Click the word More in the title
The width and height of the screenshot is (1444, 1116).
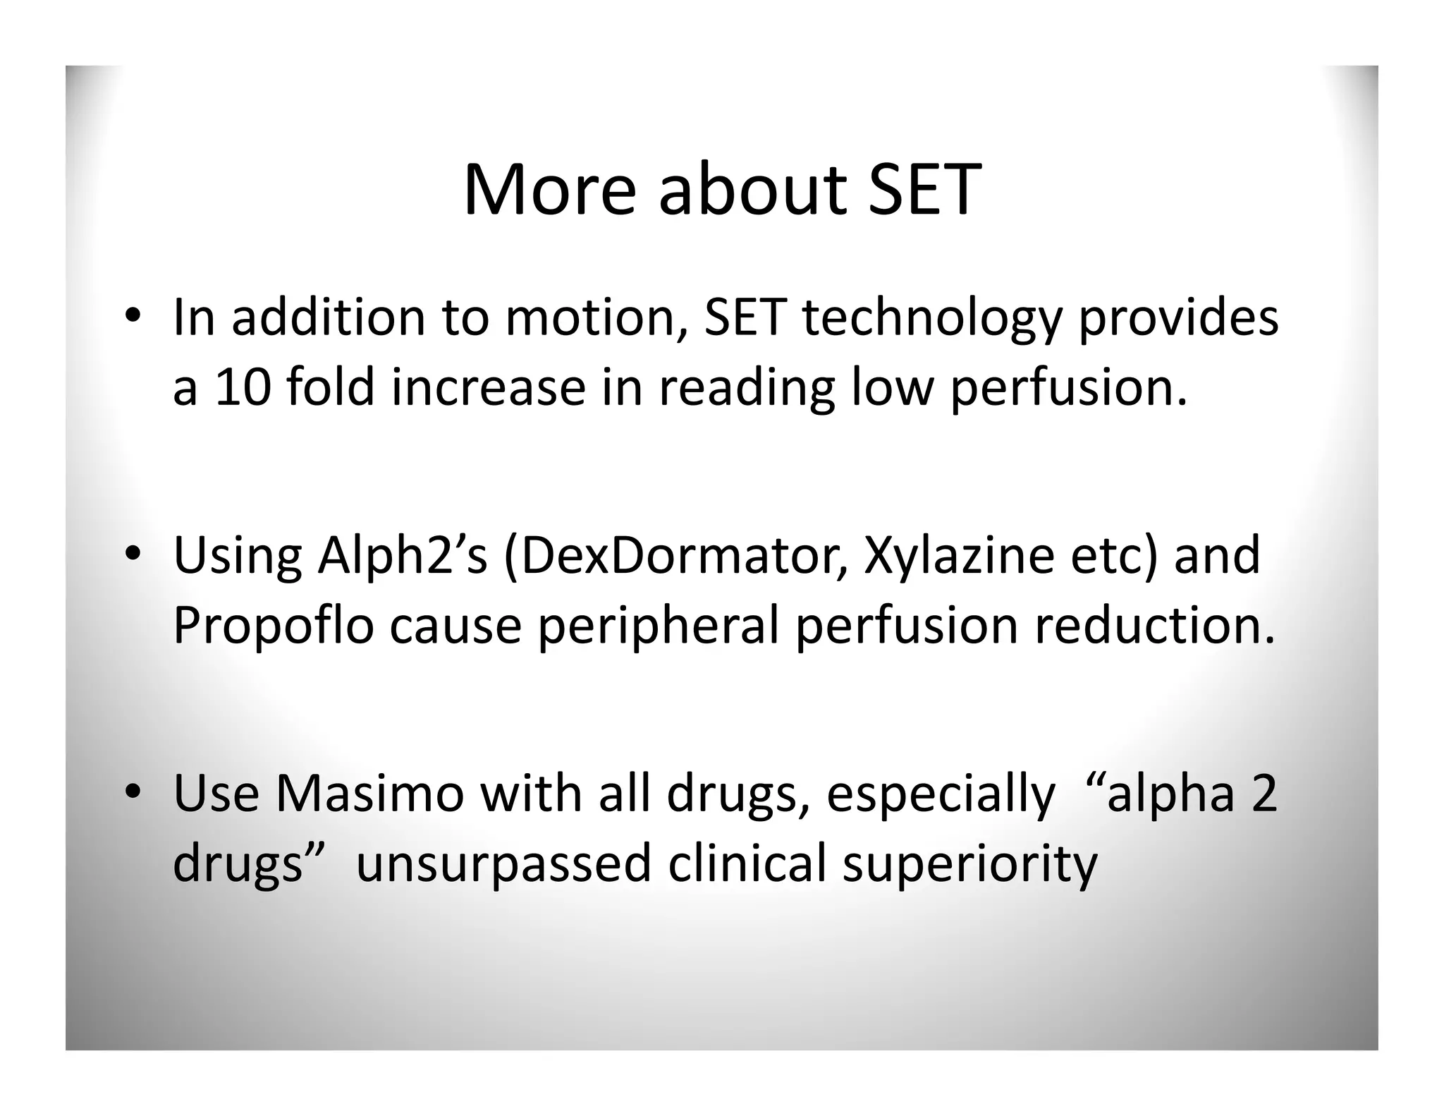coord(549,190)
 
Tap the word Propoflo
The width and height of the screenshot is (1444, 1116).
coord(273,626)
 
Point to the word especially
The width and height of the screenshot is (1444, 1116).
coord(940,794)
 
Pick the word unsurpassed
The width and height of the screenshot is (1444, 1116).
coord(503,864)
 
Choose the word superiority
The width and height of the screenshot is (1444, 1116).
coord(970,864)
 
